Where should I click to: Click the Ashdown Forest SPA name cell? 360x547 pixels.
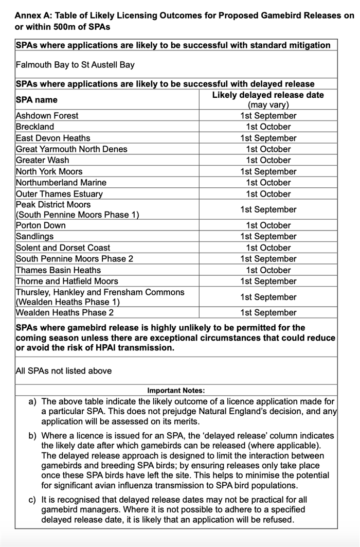click(x=47, y=116)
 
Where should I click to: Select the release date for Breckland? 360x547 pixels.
click(x=268, y=127)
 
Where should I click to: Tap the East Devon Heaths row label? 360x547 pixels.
click(x=53, y=138)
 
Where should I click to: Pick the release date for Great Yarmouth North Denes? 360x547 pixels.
click(x=268, y=149)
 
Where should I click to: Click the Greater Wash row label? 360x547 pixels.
click(x=42, y=160)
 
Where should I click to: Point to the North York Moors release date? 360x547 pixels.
click(x=268, y=171)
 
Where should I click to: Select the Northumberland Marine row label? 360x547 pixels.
click(x=61, y=183)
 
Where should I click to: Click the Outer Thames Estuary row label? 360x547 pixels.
click(x=59, y=194)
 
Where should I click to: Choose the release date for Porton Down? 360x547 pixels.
click(x=268, y=225)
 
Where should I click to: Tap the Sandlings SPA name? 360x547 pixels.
click(x=35, y=237)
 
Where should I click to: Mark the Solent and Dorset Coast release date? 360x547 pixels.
click(x=268, y=248)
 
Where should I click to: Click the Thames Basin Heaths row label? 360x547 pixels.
click(x=58, y=270)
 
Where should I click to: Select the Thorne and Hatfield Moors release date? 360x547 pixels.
click(x=268, y=281)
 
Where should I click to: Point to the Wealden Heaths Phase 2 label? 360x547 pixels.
click(x=65, y=313)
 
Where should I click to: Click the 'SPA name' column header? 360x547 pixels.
click(x=37, y=100)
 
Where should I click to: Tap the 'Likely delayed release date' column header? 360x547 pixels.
click(x=268, y=95)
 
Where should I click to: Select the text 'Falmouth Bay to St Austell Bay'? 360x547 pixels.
click(x=75, y=65)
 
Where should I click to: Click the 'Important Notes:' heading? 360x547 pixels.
click(x=176, y=391)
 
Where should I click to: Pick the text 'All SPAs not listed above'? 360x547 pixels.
click(x=64, y=370)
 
